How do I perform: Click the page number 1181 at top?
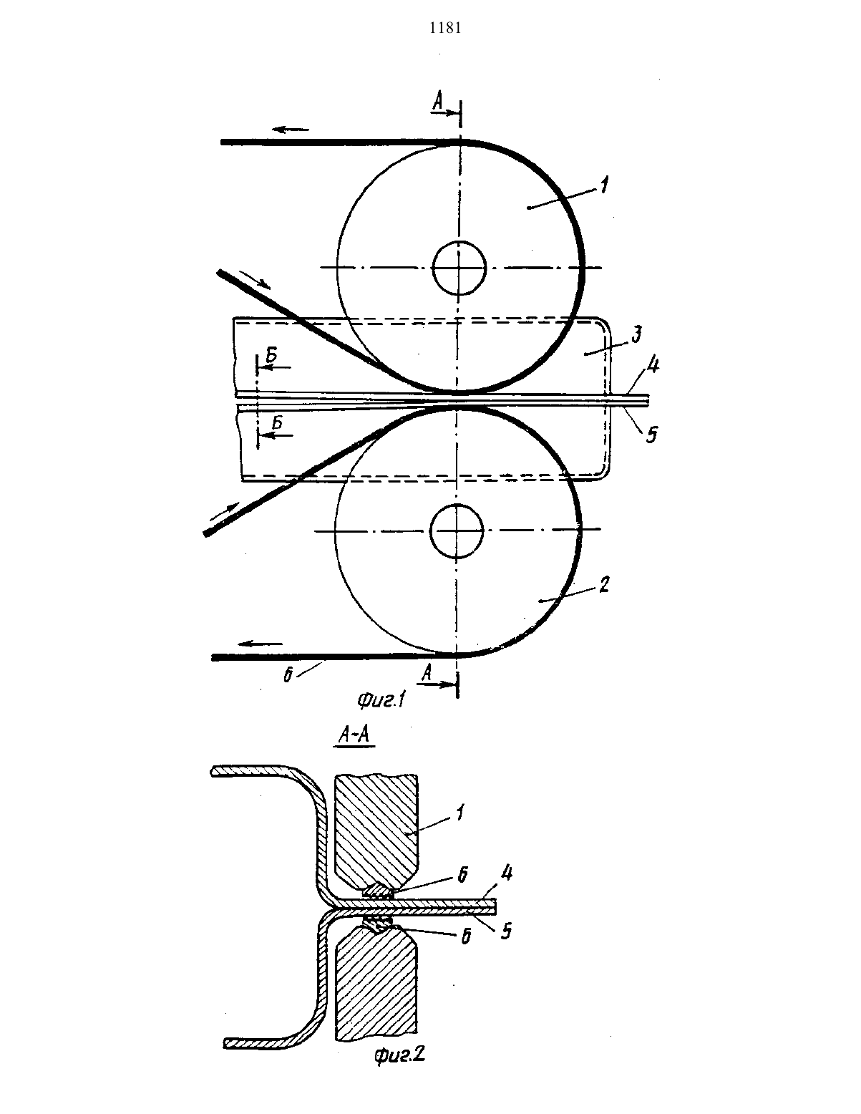coord(445,28)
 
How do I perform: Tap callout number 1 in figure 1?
coord(604,185)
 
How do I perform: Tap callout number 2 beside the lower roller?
coord(605,584)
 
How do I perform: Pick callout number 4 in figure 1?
coord(653,366)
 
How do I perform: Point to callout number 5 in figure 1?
coord(651,435)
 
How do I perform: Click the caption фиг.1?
coord(381,700)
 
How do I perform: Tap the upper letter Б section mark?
coord(272,355)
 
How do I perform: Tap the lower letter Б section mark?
coord(277,422)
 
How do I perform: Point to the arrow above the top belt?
coord(291,130)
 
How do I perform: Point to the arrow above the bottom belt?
coord(263,644)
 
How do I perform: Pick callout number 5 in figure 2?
coord(506,931)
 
